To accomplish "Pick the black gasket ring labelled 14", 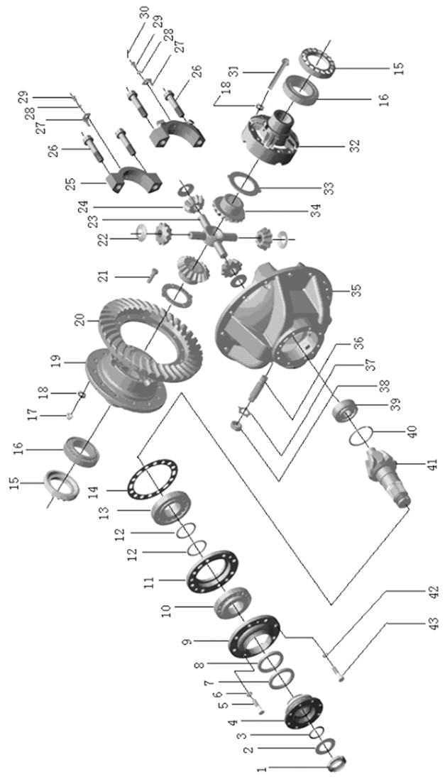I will click(x=152, y=482).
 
